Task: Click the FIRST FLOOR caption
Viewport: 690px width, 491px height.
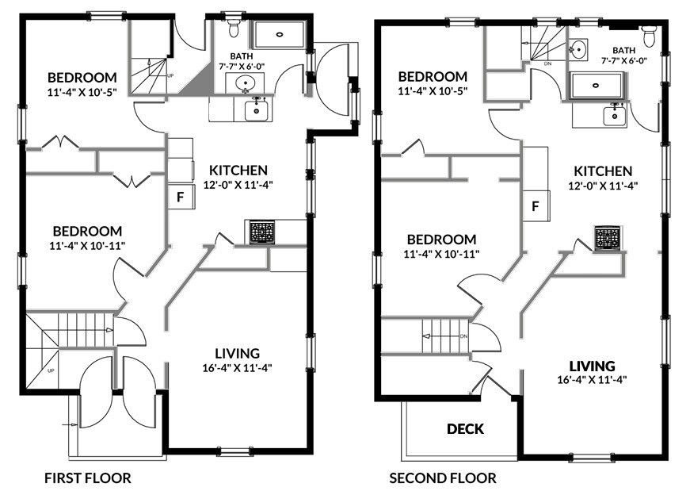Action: (x=88, y=478)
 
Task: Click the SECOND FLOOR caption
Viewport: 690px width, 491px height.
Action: (x=443, y=478)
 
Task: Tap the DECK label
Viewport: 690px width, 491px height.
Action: (x=465, y=429)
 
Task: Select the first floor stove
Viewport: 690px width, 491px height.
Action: (x=262, y=232)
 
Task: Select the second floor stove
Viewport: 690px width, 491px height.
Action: (x=608, y=239)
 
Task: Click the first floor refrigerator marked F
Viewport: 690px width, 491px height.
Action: (x=181, y=197)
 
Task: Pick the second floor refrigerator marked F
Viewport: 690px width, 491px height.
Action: (x=536, y=205)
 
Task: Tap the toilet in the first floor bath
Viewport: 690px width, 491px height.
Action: (x=234, y=27)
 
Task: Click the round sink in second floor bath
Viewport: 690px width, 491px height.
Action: (x=578, y=49)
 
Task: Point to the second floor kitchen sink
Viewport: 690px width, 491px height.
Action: (x=615, y=116)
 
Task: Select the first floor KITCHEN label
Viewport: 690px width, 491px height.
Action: (x=238, y=170)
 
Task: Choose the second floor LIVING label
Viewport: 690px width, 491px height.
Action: (x=593, y=366)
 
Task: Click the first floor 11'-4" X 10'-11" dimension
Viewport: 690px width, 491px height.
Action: (x=88, y=245)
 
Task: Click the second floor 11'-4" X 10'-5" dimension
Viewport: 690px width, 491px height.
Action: (x=433, y=91)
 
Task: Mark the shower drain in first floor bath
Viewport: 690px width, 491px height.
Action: (x=280, y=34)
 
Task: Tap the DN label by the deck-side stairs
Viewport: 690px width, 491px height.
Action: (x=463, y=336)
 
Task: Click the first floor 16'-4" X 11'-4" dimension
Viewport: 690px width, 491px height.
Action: (x=237, y=367)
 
